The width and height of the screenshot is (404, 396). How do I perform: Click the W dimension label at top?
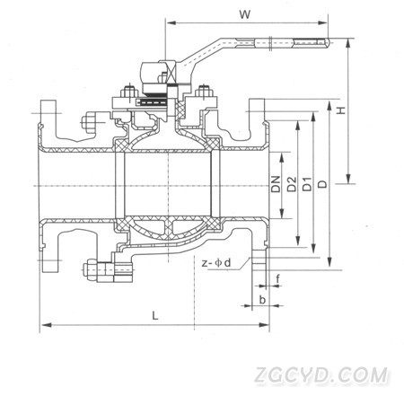(244, 14)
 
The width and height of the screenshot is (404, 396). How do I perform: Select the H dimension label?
(340, 110)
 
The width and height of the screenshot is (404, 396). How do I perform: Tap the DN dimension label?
(276, 184)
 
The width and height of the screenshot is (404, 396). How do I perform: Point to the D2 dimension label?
(292, 184)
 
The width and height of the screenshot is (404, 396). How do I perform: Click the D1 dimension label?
(307, 184)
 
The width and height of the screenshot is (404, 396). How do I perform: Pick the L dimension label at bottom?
(154, 315)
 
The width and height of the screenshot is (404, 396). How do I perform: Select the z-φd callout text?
(216, 263)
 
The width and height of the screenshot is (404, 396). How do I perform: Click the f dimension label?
(277, 278)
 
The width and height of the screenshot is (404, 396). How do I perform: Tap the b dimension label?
(262, 299)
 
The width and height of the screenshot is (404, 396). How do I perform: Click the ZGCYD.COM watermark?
(321, 375)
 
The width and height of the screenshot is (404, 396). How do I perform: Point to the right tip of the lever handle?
(330, 42)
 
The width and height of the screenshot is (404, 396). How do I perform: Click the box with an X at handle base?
(171, 74)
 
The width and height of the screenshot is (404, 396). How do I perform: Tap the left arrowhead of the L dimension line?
(42, 324)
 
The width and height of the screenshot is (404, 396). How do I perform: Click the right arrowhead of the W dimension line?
(326, 22)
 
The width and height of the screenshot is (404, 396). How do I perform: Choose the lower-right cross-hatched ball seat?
(213, 224)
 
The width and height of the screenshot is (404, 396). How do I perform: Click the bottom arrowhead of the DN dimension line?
(282, 216)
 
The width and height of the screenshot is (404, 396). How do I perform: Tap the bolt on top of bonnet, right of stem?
(204, 92)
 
